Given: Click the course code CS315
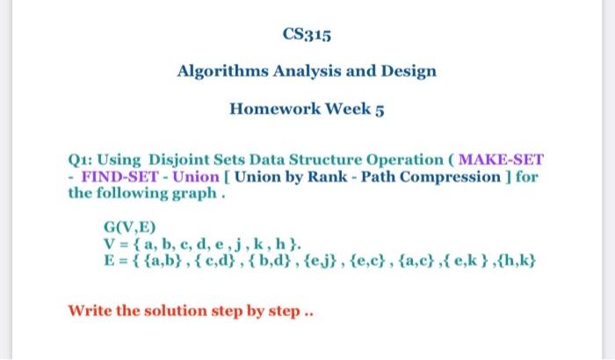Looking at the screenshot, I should coord(307,36).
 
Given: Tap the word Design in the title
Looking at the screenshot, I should coord(408,71).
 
